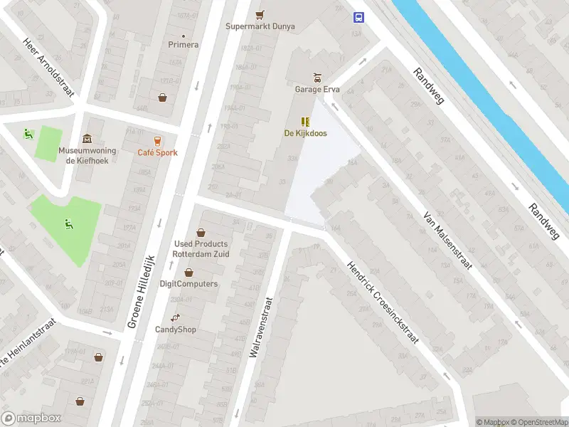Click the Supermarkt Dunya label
coord(260,27)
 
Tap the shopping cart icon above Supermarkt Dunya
coord(260,14)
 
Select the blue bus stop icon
coord(358,17)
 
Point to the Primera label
coord(184,44)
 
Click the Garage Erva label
coord(317,90)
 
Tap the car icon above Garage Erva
coord(318,78)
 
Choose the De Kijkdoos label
coord(307,133)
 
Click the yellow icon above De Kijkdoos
coord(307,121)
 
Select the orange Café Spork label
coord(158,152)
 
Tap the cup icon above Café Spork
coord(158,140)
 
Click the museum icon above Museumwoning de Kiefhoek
coord(87,138)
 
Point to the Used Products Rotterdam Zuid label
coord(201,249)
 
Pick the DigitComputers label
coord(188,284)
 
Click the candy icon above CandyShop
coord(176,317)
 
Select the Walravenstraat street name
coord(261,327)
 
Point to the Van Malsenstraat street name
coord(447,240)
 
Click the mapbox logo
coord(31,418)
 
